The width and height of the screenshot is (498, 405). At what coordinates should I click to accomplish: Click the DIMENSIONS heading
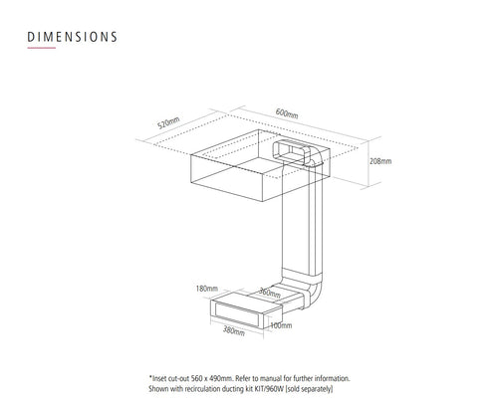coord(72,37)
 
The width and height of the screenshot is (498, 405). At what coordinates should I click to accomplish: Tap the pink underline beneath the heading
coord(42,48)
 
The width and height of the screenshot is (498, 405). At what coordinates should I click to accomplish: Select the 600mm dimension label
coord(287,113)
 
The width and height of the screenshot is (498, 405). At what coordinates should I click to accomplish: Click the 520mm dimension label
coord(168,122)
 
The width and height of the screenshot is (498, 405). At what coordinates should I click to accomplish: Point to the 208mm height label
coord(380,161)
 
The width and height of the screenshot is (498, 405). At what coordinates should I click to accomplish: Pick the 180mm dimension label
coord(206,289)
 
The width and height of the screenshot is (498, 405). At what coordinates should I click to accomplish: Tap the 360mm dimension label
coord(270,293)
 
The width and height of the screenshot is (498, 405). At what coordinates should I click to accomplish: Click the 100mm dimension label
coord(281,325)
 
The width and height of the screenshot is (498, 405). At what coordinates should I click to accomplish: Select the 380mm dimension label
coord(234,330)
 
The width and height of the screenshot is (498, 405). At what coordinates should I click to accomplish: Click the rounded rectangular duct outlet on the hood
coord(291,152)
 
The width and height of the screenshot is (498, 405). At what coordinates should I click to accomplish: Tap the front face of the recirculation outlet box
coord(237,314)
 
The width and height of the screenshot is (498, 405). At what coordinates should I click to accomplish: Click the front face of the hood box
coord(227,178)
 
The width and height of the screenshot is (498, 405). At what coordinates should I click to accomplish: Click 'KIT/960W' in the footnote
coord(269,389)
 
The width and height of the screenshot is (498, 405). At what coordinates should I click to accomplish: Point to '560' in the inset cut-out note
coord(196,378)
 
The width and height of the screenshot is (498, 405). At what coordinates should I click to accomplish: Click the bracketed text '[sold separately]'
coord(309,389)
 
